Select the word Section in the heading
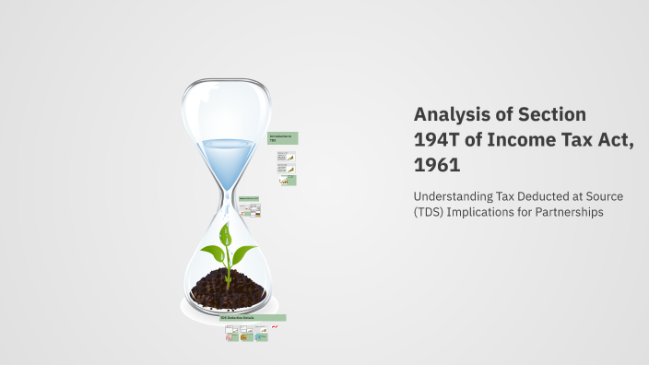(551, 115)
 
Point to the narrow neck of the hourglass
(226, 196)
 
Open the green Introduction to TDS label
(281, 138)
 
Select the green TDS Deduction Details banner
(252, 318)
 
